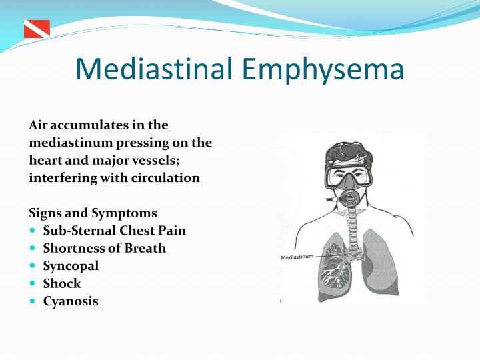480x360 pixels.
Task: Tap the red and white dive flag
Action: click(37, 29)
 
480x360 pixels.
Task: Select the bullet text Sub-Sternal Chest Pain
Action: click(115, 231)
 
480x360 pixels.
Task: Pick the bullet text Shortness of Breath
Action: click(105, 248)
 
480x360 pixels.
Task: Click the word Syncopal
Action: click(71, 266)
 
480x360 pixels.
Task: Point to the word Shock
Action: click(62, 283)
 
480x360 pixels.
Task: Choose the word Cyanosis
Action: click(71, 301)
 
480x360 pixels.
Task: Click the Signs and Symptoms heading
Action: click(93, 213)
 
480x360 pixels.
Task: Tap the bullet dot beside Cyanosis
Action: click(34, 301)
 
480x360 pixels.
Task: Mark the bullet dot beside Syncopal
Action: click(34, 266)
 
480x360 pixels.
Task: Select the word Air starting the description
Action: click(39, 125)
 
